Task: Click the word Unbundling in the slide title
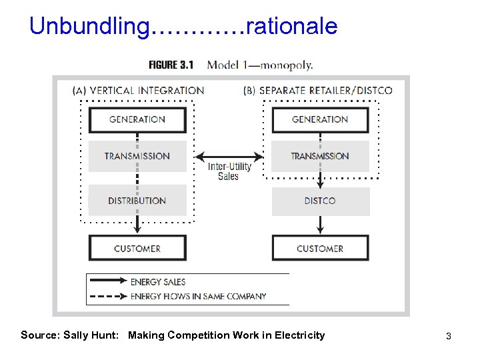90,27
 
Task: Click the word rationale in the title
292,27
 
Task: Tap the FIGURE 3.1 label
171,65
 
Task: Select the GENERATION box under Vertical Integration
137,119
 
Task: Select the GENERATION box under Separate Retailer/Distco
320,119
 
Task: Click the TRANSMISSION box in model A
137,156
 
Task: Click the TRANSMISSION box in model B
320,156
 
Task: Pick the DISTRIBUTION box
137,200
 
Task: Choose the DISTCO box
320,201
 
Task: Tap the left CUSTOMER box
137,248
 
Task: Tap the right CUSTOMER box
320,248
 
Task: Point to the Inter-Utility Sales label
229,171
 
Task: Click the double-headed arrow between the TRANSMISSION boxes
229,157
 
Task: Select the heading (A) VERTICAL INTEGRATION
138,91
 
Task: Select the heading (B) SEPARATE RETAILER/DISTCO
317,91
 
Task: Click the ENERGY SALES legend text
158,282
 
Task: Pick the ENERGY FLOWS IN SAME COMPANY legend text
198,296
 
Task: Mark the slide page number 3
449,336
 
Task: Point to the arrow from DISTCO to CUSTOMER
320,225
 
